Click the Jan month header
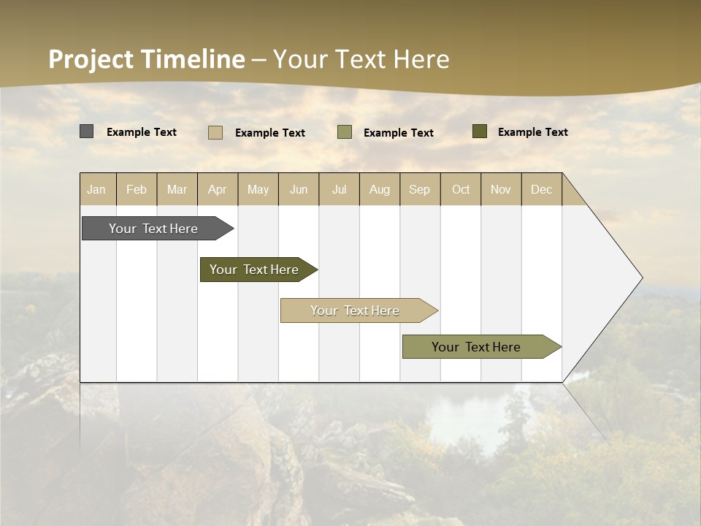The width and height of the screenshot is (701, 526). [x=96, y=189]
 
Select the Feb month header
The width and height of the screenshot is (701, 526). [x=137, y=189]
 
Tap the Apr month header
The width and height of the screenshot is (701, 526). [x=218, y=189]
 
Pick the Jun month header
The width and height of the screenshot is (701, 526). [x=299, y=189]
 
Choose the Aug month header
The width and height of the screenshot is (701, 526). [x=380, y=189]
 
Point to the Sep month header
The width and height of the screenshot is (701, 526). [x=420, y=189]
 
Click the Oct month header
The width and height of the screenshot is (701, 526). [x=461, y=189]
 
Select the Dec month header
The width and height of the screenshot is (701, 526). [x=542, y=189]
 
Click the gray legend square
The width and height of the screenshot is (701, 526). [x=86, y=131]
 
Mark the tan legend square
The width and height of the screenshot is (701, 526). [x=215, y=132]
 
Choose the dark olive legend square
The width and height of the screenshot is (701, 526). [x=479, y=131]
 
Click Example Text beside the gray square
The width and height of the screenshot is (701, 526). [x=142, y=132]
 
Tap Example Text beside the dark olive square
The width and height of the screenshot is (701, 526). [x=533, y=132]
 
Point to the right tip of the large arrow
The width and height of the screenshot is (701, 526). [x=641, y=278]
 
